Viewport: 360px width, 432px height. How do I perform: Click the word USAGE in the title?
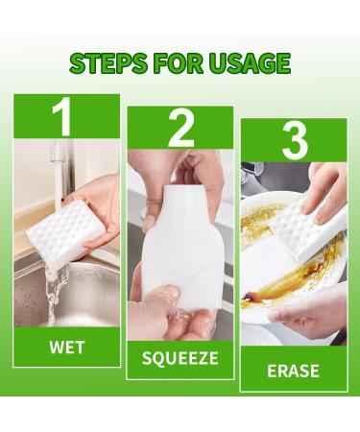point(245,63)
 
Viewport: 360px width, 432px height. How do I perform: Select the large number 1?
point(64,118)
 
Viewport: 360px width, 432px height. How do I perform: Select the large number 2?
point(180,130)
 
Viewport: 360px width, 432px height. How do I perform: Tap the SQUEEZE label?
point(180,359)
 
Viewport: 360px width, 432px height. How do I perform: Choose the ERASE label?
point(293,370)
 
